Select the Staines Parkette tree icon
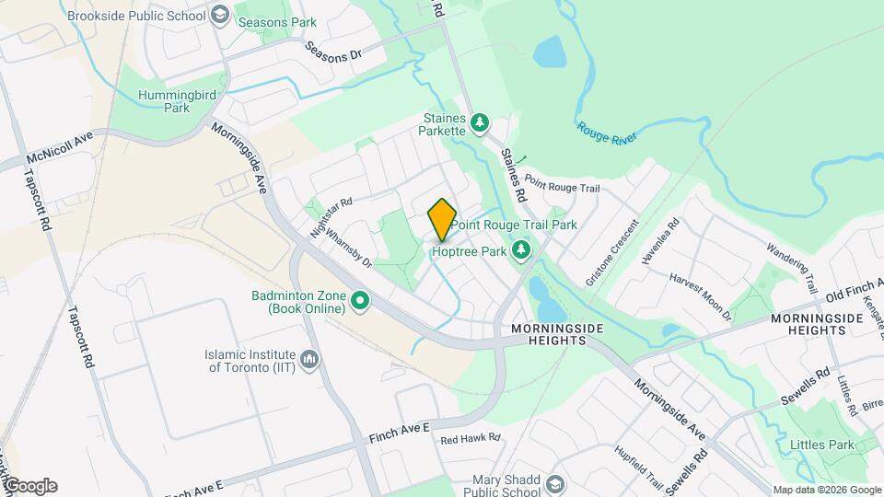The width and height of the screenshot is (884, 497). pos(479,121)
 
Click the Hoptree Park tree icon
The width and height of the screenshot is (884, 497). pos(521,249)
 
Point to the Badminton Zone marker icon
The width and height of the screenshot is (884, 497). pos(360,299)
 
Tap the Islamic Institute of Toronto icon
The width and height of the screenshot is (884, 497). pos(309,358)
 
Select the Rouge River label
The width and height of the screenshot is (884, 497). pos(607,132)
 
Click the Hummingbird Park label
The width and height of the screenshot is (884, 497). pos(164,100)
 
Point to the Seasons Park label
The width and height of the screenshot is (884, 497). pos(277,22)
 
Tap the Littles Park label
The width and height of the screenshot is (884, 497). pos(822,445)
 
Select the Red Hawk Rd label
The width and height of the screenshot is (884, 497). pos(470,439)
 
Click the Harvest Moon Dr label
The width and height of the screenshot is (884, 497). pos(701,296)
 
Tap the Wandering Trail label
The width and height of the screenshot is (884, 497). pos(793,263)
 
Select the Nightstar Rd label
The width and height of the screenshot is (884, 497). pos(331,218)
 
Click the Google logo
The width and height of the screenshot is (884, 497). pos(30,486)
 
